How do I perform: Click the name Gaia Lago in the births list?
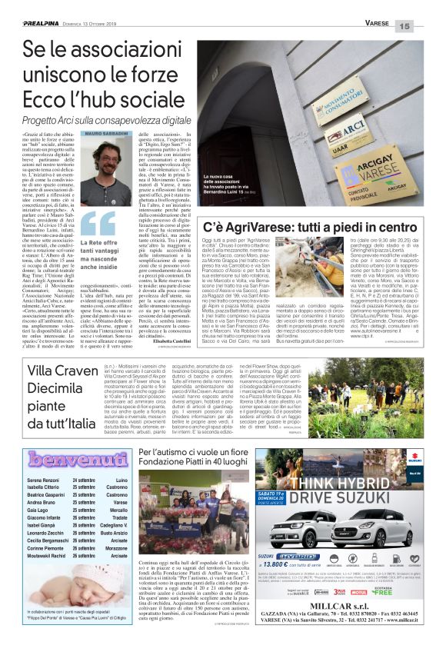pos(40,510)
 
